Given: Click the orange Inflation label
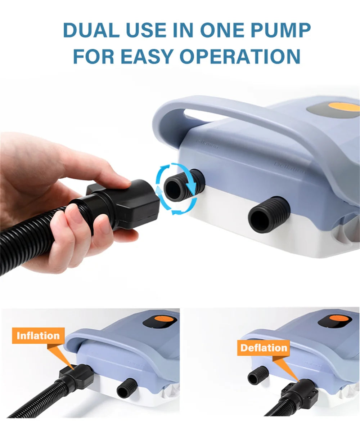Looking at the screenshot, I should pos(38,336).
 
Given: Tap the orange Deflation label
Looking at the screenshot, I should pos(264,348).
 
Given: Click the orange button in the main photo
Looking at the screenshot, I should pos(344,107).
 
